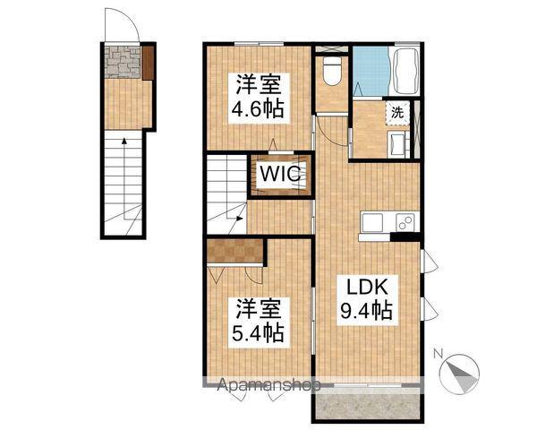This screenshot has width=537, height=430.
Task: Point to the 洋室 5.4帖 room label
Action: [260, 322]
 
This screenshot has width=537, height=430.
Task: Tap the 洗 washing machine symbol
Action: [396, 113]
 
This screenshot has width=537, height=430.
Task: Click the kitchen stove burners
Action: [403, 221]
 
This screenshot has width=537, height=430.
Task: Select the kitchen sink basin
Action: [372, 222]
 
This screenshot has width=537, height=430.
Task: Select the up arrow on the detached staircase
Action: [124, 143]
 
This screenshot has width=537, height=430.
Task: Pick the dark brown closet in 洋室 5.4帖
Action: [234, 251]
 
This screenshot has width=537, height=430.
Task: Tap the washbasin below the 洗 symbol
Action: [394, 142]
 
